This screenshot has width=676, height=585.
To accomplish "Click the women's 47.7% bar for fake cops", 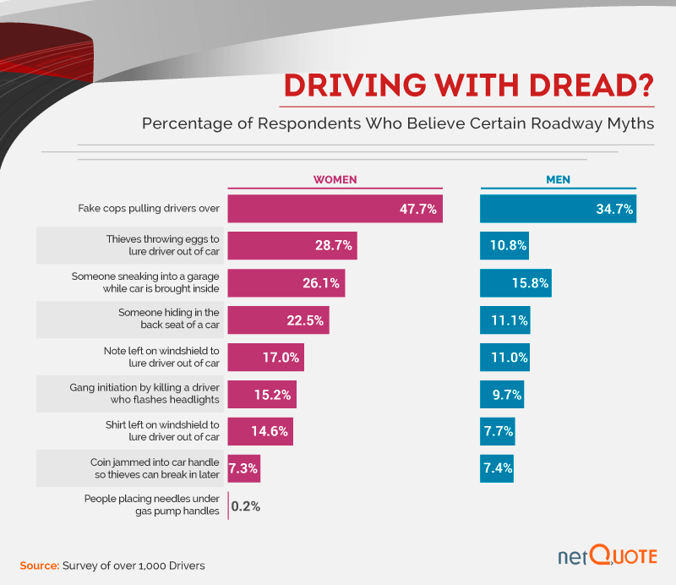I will point(335,209).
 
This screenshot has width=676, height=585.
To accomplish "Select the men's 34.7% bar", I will point(558,209).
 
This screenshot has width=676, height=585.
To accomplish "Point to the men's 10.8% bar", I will point(504,246).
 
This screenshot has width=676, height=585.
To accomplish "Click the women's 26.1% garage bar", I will point(286,282).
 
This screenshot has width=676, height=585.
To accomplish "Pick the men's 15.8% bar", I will point(515,282).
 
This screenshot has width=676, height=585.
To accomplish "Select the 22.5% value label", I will point(305,320).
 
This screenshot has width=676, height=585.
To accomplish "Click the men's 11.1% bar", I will point(505,320).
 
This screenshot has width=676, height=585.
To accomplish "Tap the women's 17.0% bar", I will point(266,357).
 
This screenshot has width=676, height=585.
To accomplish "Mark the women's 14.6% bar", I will point(261,431).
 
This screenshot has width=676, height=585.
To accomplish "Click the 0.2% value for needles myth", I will point(246,506).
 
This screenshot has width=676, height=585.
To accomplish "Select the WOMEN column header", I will point(335,179).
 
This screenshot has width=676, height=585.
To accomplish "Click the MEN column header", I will point(559,179).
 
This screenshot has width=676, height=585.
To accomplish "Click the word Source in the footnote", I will point(39,564).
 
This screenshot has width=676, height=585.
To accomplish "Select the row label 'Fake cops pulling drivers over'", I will point(149,208).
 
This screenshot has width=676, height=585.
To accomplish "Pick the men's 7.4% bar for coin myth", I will point(497,467).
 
